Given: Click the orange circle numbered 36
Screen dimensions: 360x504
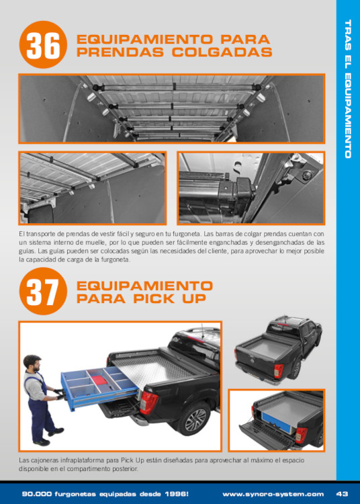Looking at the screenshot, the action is pos(43,44).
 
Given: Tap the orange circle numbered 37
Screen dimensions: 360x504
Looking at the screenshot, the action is pos(43,291).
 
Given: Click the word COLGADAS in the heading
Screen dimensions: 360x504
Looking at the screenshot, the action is pos(222,52).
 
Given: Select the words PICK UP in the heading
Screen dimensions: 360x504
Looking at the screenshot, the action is pos(169,298).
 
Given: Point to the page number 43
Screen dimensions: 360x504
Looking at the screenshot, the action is pos(342,494).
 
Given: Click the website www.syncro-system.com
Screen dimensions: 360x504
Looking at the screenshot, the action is pos(273,494).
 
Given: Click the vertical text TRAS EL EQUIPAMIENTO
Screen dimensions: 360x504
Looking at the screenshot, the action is pos(348,89).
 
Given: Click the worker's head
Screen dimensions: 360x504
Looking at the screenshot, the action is pos(32,364).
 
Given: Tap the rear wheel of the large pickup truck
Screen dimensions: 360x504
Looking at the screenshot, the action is pos(193,419).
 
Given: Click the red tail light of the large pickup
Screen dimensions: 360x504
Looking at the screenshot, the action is pos(148,403).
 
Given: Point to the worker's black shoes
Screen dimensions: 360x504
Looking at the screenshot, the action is pos(49,437).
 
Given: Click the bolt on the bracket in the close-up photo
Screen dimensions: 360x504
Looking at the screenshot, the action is pos(308,175).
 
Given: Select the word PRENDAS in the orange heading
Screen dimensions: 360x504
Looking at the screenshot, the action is pos(120,52).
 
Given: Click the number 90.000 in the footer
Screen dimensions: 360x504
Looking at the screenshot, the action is pos(37,494).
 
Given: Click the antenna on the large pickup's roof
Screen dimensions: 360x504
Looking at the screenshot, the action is pos(202,332).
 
